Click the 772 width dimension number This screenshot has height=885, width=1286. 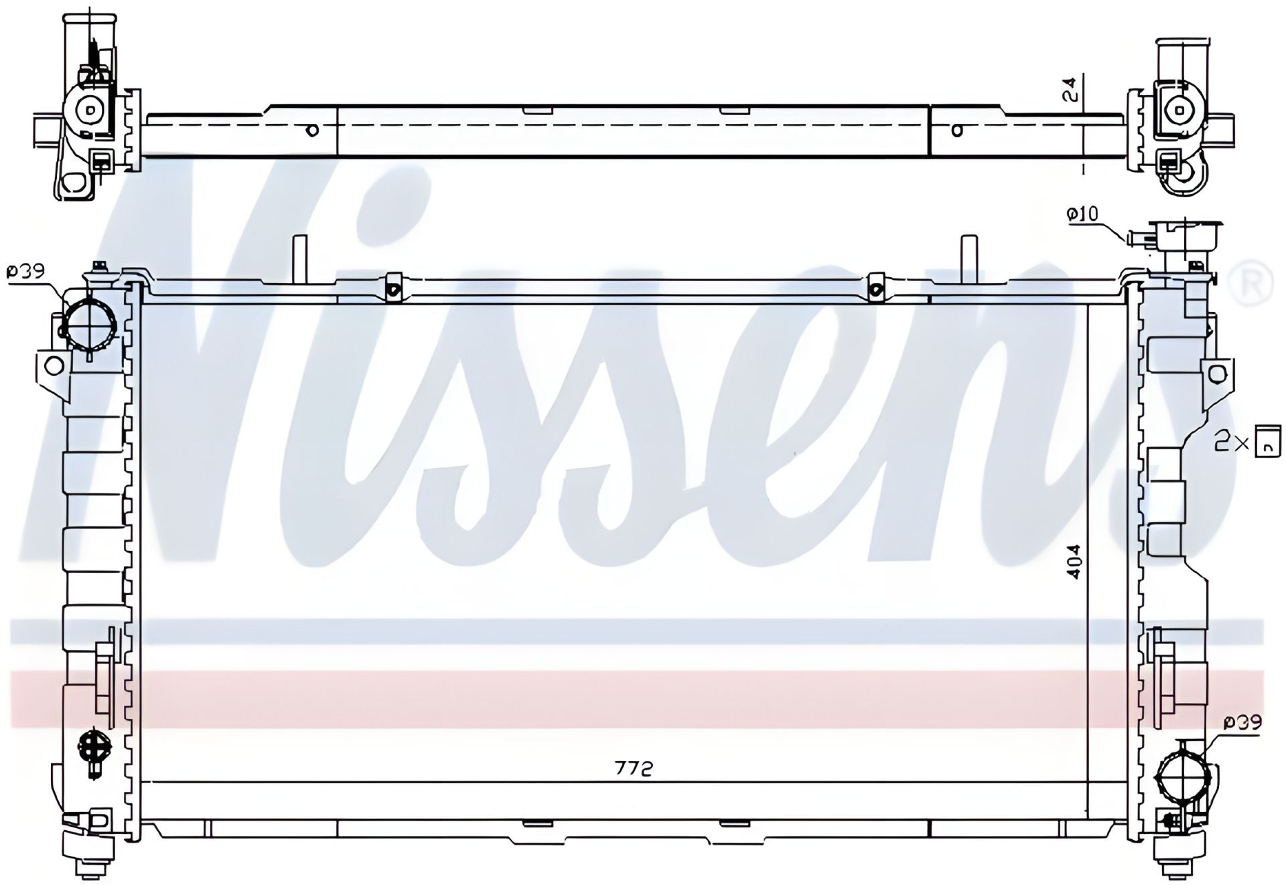634,769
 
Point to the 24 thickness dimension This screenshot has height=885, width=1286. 1072,90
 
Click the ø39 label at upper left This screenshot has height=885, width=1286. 25,271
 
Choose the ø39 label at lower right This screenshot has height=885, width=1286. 1243,722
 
